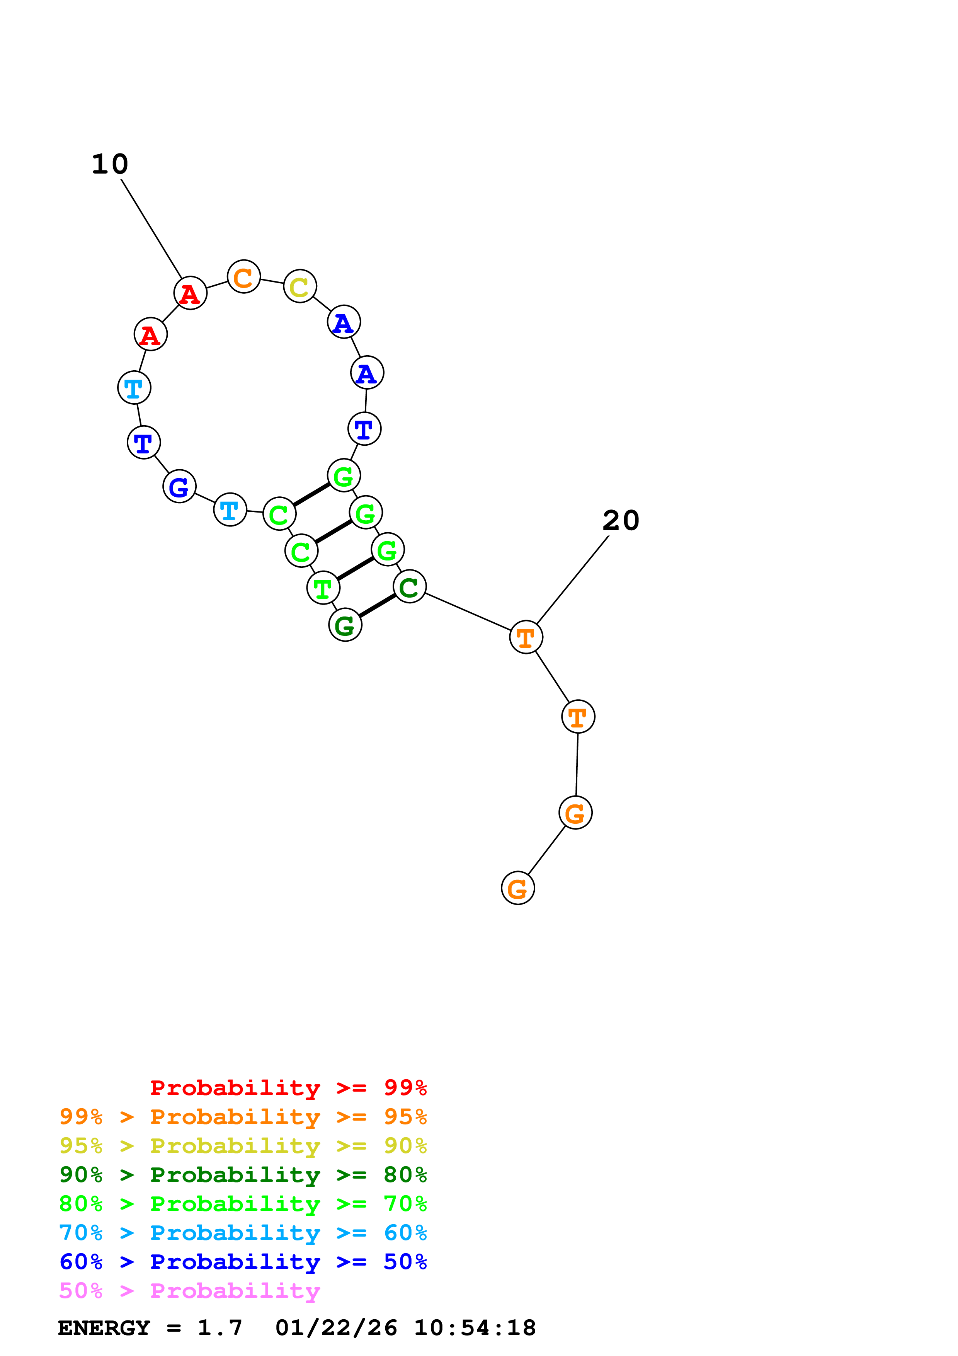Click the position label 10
coord(110,164)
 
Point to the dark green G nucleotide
coord(345,625)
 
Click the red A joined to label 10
coord(190,293)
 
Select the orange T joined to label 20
coord(526,637)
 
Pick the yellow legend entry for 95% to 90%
coord(243,1146)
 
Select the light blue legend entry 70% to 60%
coord(243,1233)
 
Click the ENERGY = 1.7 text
coord(150,1328)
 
